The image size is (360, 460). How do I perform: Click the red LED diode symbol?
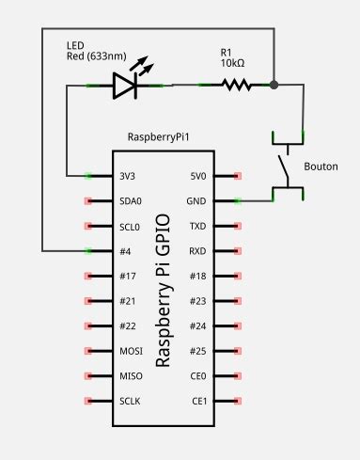click(x=125, y=86)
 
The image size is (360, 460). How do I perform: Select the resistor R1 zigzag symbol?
click(x=237, y=86)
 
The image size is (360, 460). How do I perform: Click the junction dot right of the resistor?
click(x=274, y=86)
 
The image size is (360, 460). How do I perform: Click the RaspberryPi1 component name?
click(x=160, y=137)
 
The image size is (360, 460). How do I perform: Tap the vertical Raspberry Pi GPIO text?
click(x=163, y=289)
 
